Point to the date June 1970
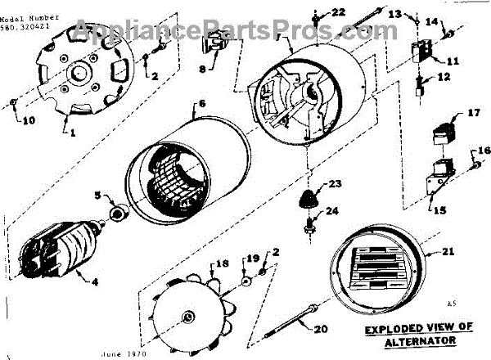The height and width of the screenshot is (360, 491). click(x=124, y=355)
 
